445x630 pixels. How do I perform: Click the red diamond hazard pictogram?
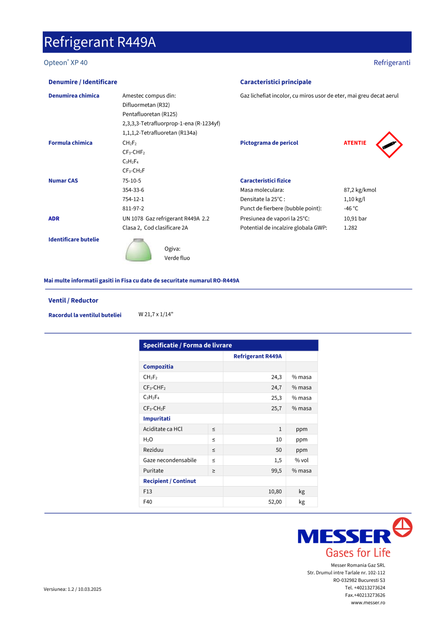click(x=389, y=145)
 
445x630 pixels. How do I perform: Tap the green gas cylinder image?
click(x=138, y=250)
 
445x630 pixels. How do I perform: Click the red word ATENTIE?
click(x=355, y=143)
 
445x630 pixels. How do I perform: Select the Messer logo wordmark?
click(x=344, y=536)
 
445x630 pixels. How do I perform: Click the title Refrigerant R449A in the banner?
click(x=100, y=42)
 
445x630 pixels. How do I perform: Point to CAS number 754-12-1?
click(x=133, y=199)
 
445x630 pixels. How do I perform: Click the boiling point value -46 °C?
click(x=351, y=209)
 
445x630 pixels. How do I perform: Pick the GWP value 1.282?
click(x=350, y=228)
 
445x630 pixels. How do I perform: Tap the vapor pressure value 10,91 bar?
click(x=355, y=219)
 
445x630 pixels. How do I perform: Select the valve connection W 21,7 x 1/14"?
click(x=156, y=315)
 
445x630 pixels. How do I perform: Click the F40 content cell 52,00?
click(x=275, y=502)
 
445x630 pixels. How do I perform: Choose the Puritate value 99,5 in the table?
click(x=276, y=471)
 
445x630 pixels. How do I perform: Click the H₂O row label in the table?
click(x=148, y=440)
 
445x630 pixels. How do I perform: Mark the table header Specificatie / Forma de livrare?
click(x=187, y=345)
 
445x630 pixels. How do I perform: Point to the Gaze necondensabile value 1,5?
click(x=278, y=460)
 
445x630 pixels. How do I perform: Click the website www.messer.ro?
click(x=368, y=603)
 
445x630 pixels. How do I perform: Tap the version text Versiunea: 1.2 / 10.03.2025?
click(x=73, y=589)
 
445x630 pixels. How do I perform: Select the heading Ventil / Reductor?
click(x=73, y=301)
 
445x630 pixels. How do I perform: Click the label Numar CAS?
click(x=63, y=181)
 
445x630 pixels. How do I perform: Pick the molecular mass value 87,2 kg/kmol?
click(x=360, y=190)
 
